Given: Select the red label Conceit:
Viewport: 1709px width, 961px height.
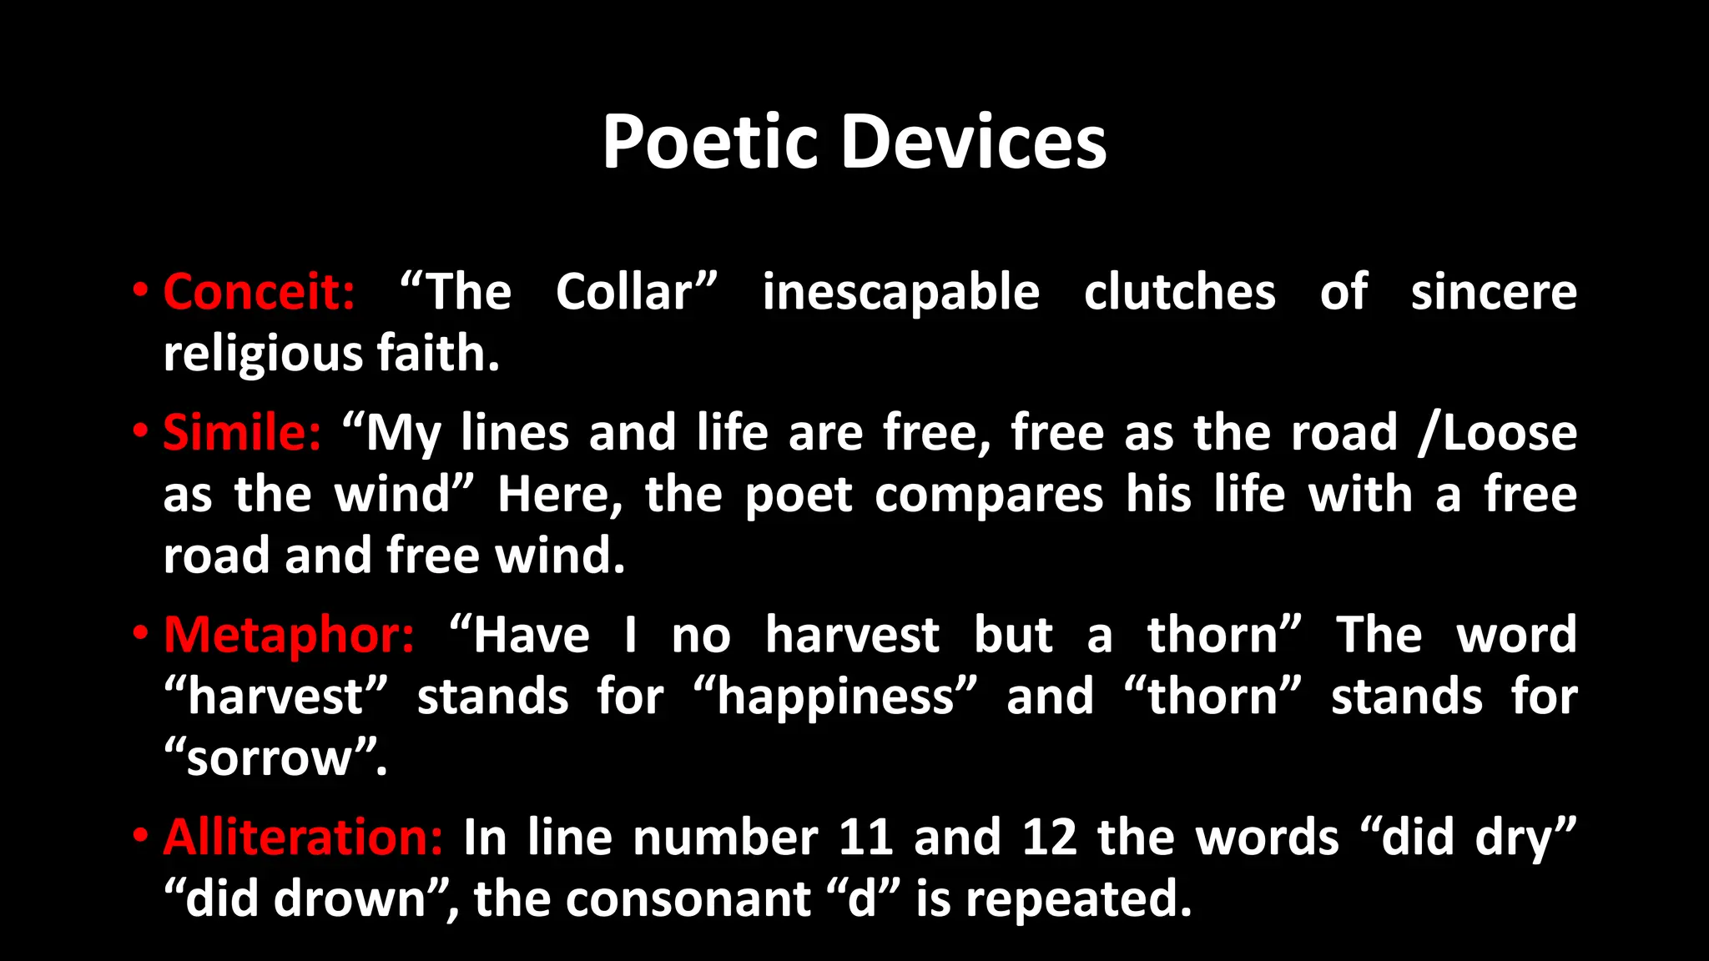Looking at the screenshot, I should pyautogui.click(x=259, y=292).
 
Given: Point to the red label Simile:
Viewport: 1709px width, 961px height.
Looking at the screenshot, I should pyautogui.click(x=242, y=433).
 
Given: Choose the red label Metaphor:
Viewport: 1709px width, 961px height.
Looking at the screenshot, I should pyautogui.click(x=289, y=635).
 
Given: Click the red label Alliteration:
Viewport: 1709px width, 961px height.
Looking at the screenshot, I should pyautogui.click(x=303, y=837).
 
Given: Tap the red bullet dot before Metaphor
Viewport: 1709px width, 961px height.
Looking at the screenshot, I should pyautogui.click(x=140, y=633).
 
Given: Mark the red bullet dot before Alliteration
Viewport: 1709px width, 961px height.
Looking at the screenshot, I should pyautogui.click(x=140, y=835).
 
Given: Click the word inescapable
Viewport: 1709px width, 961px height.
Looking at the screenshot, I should pyautogui.click(x=900, y=294).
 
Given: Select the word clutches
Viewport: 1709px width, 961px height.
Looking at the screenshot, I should pyautogui.click(x=1179, y=292).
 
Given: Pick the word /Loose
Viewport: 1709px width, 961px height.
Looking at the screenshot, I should pyautogui.click(x=1497, y=433).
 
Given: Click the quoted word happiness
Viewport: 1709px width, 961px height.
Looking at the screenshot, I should pyautogui.click(x=835, y=697).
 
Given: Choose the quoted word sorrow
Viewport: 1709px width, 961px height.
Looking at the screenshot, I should pyautogui.click(x=270, y=759).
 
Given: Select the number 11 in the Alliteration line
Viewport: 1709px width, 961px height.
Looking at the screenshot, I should pyautogui.click(x=865, y=837).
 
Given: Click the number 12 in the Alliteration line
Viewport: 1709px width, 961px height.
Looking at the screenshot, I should pyautogui.click(x=1049, y=837).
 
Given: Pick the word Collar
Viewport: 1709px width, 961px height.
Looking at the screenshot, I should pyautogui.click(x=625, y=292).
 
